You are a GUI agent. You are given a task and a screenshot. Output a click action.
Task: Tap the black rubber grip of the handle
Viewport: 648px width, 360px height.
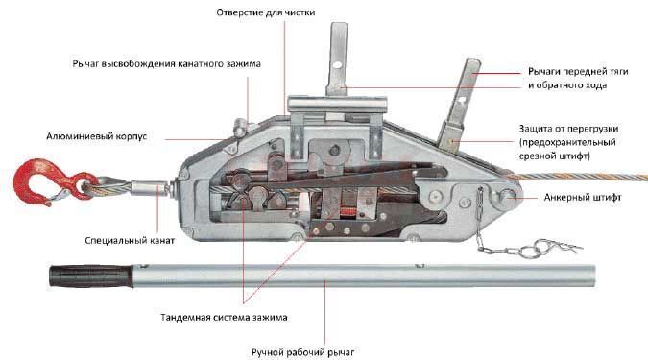point(91,276)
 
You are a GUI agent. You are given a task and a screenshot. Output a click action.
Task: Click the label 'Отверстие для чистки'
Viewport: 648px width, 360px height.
point(265,12)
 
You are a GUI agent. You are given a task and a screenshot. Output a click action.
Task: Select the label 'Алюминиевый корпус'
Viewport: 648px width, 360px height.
point(96,136)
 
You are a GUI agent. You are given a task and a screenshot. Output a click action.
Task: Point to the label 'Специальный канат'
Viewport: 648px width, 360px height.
point(130,241)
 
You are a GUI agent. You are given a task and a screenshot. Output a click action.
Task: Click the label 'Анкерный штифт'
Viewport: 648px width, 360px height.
point(583,197)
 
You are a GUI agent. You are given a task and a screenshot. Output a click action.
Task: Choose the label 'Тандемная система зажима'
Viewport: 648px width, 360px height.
point(224,318)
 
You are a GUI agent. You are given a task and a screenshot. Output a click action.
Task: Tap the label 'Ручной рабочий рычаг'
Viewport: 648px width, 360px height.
point(303,352)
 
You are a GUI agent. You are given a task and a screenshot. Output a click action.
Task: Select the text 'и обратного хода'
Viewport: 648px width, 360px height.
point(567,85)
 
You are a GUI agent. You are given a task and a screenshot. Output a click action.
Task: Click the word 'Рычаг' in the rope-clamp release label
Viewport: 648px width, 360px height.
point(86,64)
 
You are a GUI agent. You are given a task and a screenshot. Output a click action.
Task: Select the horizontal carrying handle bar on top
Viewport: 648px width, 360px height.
point(337,104)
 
